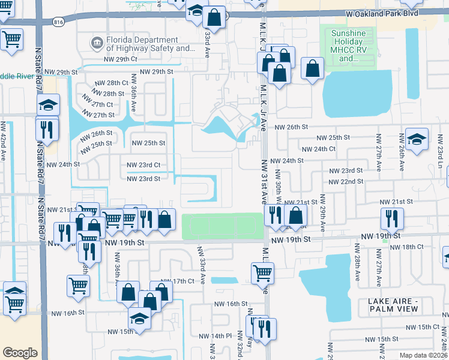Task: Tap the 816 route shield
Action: pos(58,22)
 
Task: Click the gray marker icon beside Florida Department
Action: pos(96,42)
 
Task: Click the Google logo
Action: pos(20,352)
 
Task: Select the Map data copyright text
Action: pos(424,355)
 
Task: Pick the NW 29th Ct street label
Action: pos(120,59)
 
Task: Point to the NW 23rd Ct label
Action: pos(143,165)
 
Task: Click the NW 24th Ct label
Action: pos(318,149)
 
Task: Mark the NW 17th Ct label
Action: pos(178,281)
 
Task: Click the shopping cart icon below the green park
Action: pos(263,273)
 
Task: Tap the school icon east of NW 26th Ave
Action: pos(416,140)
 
